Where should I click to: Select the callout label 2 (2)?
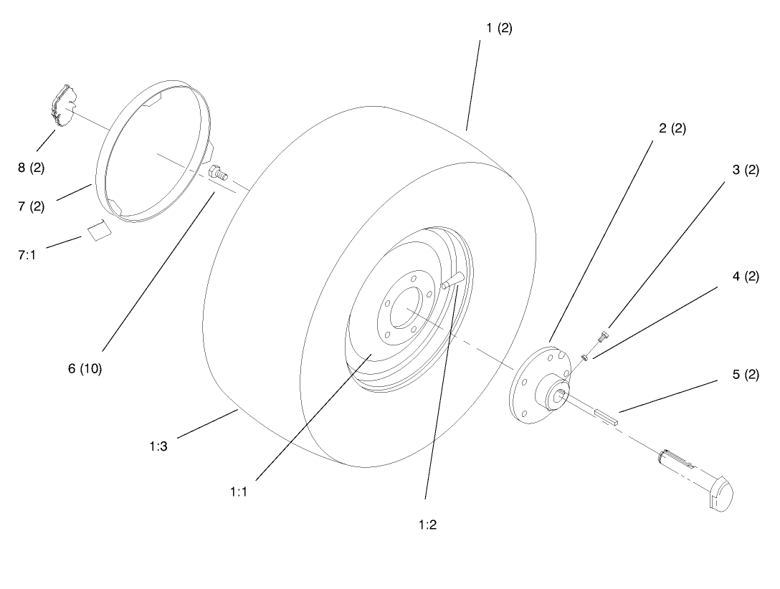click(671, 129)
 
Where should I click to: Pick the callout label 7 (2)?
click(31, 206)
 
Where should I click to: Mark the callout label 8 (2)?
click(31, 168)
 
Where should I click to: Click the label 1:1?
click(239, 492)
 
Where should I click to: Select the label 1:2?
click(427, 524)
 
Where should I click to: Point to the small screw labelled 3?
click(604, 334)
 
